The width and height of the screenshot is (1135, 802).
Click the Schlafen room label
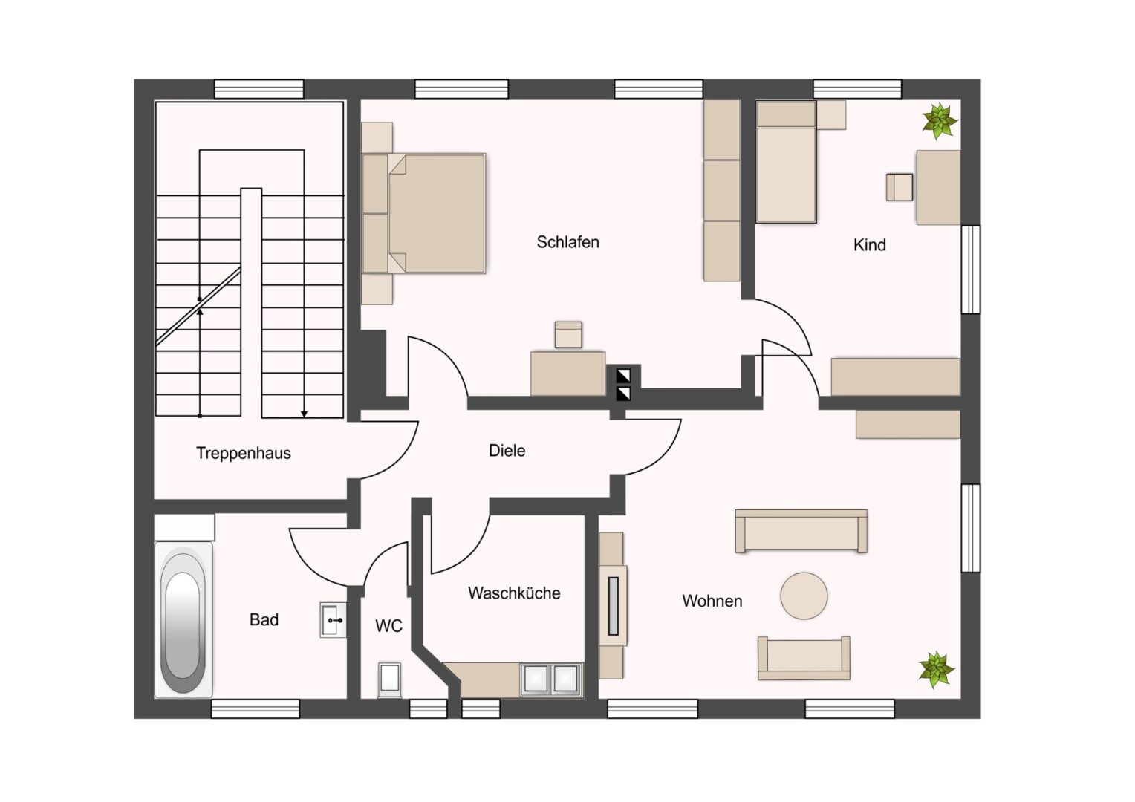click(x=567, y=242)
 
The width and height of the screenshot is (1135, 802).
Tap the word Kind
click(x=870, y=245)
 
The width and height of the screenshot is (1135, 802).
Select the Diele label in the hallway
click(x=507, y=451)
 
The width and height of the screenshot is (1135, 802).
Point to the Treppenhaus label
click(x=243, y=453)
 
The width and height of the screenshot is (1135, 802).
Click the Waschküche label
click(x=514, y=593)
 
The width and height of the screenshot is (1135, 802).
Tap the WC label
click(x=388, y=626)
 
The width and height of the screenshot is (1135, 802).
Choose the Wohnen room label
click(x=712, y=601)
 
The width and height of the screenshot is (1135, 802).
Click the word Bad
click(x=264, y=619)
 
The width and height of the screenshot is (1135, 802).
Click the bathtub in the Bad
click(x=183, y=619)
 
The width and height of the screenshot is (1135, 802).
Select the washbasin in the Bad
click(x=333, y=619)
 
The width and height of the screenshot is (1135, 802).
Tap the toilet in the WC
click(x=389, y=680)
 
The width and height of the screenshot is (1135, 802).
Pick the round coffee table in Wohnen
click(x=804, y=596)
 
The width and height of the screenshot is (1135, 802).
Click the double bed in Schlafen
click(x=424, y=213)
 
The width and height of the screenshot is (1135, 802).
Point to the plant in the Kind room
click(x=940, y=122)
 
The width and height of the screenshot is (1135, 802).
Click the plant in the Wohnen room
click(x=937, y=670)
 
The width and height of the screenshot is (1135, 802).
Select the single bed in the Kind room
click(x=786, y=162)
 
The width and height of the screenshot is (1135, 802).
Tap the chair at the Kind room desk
click(x=900, y=187)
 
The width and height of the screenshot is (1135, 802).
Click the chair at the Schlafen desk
click(x=568, y=334)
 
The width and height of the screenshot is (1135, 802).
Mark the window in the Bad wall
click(x=256, y=708)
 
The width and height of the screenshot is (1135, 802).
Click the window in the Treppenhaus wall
click(x=259, y=88)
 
